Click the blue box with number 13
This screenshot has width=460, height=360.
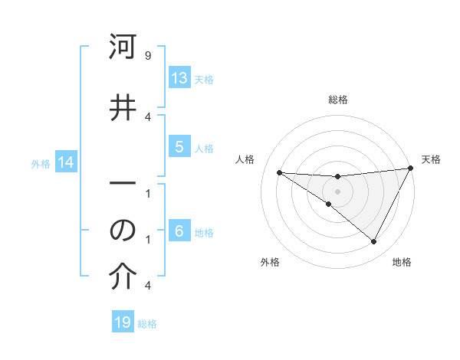(179, 78)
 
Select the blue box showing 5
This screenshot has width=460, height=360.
(179, 147)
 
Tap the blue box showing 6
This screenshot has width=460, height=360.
(179, 231)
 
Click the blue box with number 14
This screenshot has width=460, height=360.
(66, 162)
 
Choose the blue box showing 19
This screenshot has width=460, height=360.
(123, 323)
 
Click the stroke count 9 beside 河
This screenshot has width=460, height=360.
(147, 56)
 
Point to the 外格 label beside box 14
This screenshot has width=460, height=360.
(41, 163)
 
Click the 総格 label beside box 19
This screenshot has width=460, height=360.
(147, 324)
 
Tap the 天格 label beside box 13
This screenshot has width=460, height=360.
(204, 79)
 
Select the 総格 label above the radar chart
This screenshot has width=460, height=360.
(338, 100)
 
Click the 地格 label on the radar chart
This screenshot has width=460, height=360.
(402, 262)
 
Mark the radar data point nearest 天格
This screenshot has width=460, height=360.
(410, 169)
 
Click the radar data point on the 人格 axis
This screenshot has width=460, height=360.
(279, 172)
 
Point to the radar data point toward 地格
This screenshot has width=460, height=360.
(373, 241)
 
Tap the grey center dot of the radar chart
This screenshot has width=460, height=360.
(338, 191)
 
